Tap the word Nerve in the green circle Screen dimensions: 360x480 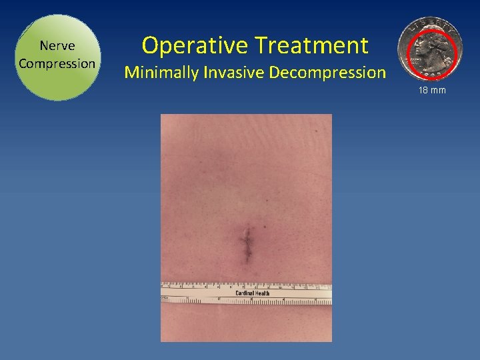pos(57,46)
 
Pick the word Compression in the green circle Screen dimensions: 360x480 pos(57,63)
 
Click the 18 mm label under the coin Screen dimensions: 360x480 pos(433,90)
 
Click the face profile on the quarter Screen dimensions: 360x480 pos(424,49)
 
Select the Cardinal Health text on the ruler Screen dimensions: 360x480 pos(253,293)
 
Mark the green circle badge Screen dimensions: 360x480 pos(57,57)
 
